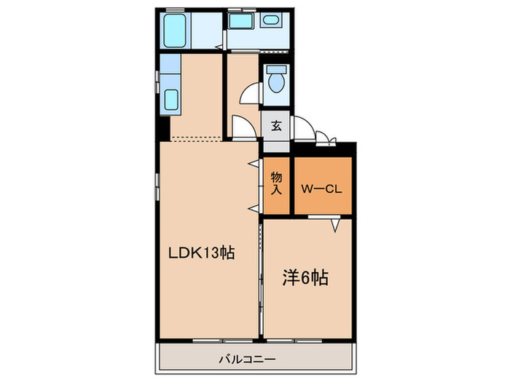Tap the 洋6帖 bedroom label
[305, 277]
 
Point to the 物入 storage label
[277, 183]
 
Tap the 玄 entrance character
[277, 124]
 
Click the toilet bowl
[277, 82]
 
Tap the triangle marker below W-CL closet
[335, 226]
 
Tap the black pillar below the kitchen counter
[165, 130]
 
